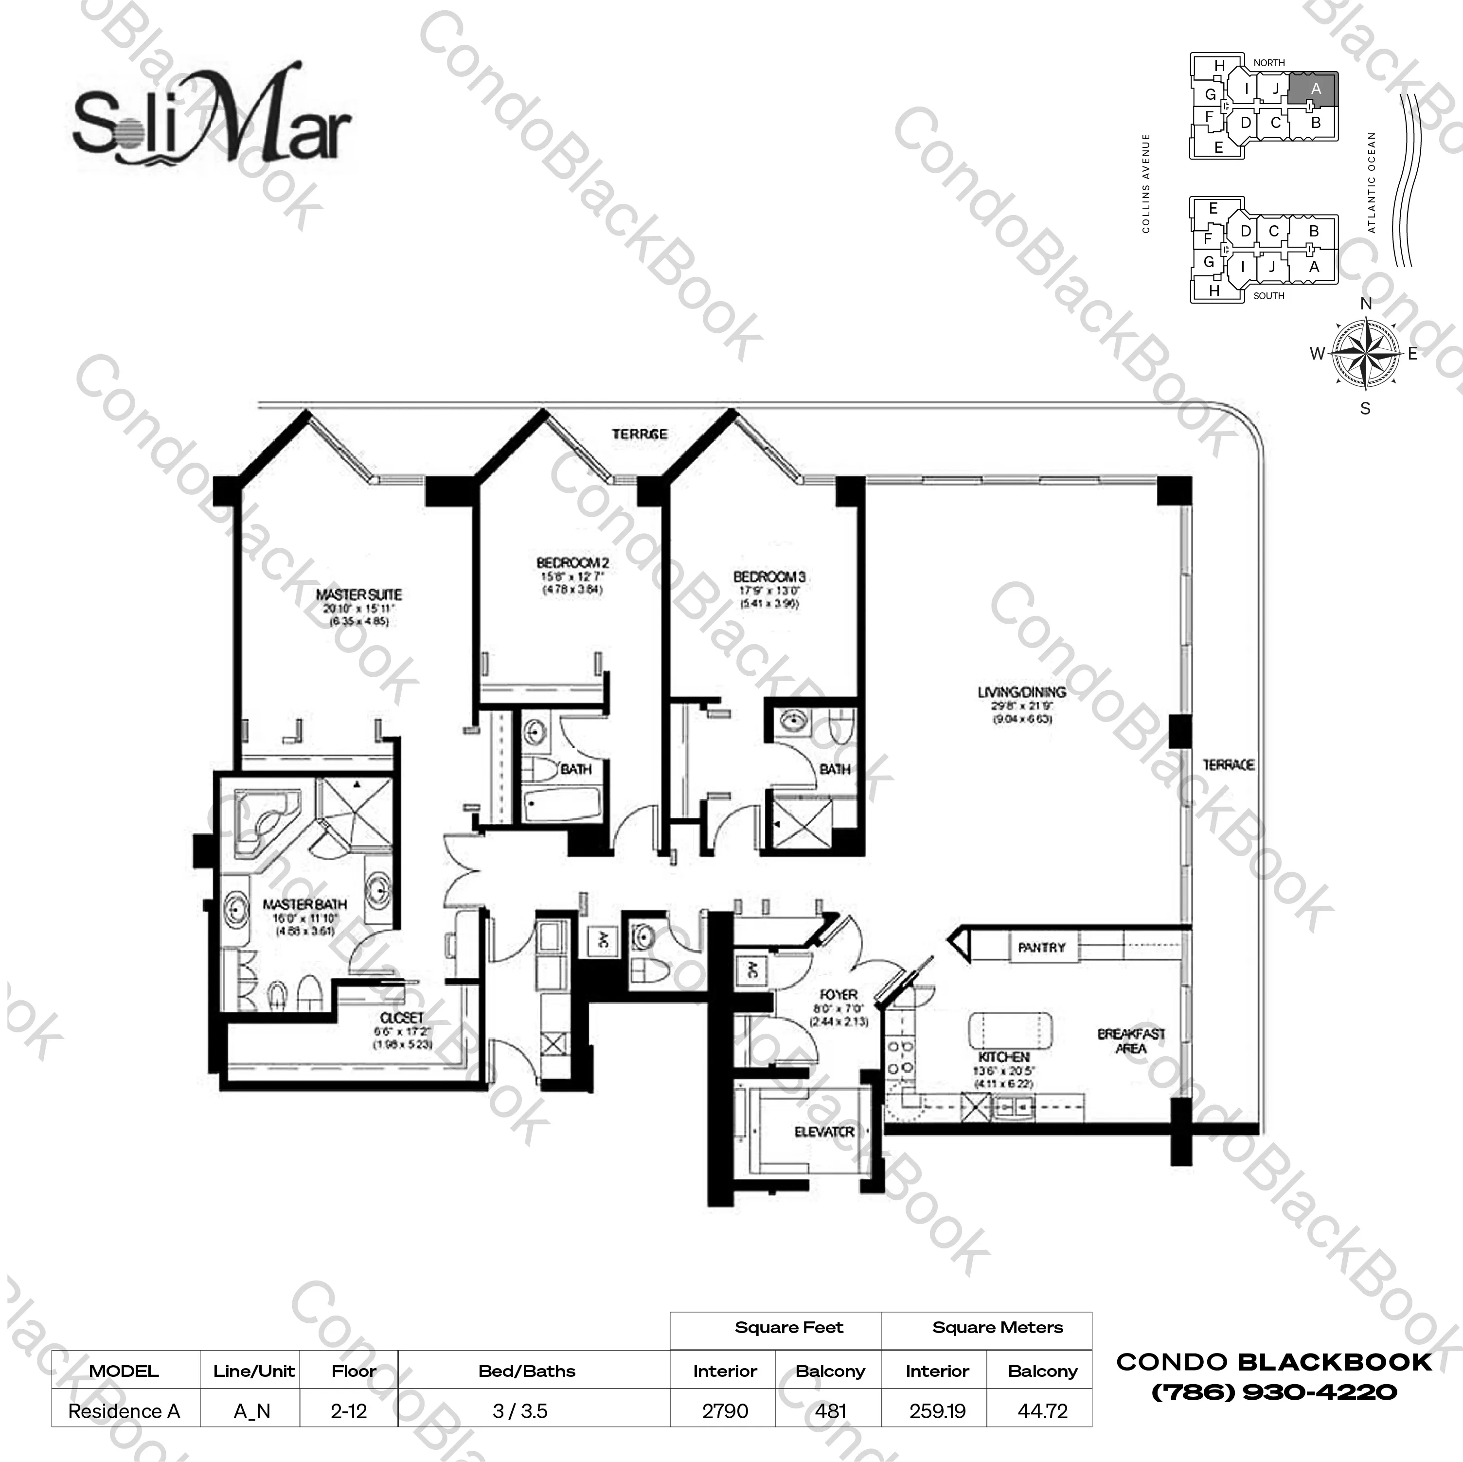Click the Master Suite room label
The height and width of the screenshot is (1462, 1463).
[359, 595]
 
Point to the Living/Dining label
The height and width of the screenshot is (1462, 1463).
[1021, 692]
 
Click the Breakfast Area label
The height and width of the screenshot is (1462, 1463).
[1131, 1041]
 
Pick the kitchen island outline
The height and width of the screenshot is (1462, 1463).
[1010, 1031]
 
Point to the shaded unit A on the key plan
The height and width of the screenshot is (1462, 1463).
[1315, 90]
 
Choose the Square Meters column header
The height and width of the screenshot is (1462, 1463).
[997, 1328]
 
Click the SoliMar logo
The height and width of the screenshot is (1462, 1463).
[212, 121]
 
